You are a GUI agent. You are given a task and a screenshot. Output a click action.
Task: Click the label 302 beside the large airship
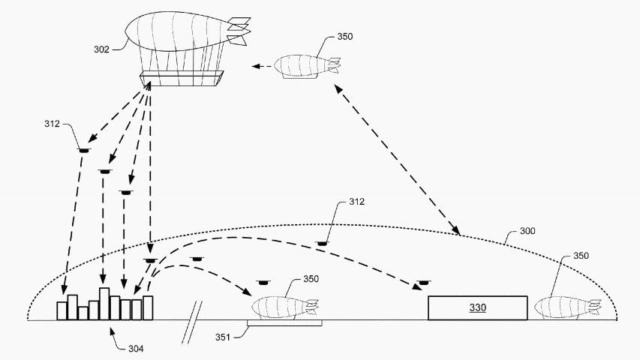coord(101,49)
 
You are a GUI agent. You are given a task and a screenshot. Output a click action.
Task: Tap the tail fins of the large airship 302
coord(239,31)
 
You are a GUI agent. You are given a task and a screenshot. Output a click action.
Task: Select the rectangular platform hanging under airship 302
coord(182,78)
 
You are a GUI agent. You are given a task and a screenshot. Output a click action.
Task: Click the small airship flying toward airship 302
coord(307,66)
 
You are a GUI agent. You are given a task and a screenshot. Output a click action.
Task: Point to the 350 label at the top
coord(345,36)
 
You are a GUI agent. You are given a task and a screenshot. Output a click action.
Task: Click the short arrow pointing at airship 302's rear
coord(262,66)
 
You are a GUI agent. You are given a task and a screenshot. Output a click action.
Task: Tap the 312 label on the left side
coord(52,124)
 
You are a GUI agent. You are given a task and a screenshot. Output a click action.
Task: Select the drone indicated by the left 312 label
coord(84,151)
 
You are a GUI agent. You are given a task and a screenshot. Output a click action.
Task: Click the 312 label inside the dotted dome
coord(356,202)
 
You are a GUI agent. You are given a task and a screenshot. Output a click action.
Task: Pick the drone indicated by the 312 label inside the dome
coord(323,244)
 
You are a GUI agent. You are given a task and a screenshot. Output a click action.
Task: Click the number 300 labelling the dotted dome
coord(527,231)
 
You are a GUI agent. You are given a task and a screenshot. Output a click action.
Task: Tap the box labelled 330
coord(477,307)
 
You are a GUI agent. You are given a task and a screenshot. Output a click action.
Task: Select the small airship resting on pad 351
coord(285,307)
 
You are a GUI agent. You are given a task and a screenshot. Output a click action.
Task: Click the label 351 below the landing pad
coord(224,337)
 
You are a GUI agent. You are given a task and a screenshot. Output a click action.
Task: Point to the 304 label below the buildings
coord(136,349)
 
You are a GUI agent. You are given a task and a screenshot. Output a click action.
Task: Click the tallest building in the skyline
coord(104,304)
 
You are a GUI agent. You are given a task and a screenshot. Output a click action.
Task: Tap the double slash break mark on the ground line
coord(192,322)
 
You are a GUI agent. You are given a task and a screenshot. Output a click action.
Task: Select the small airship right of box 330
coord(568,307)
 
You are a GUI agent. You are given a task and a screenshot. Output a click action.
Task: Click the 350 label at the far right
coord(581,256)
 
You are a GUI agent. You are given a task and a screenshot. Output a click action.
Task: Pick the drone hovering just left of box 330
coord(424,283)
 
